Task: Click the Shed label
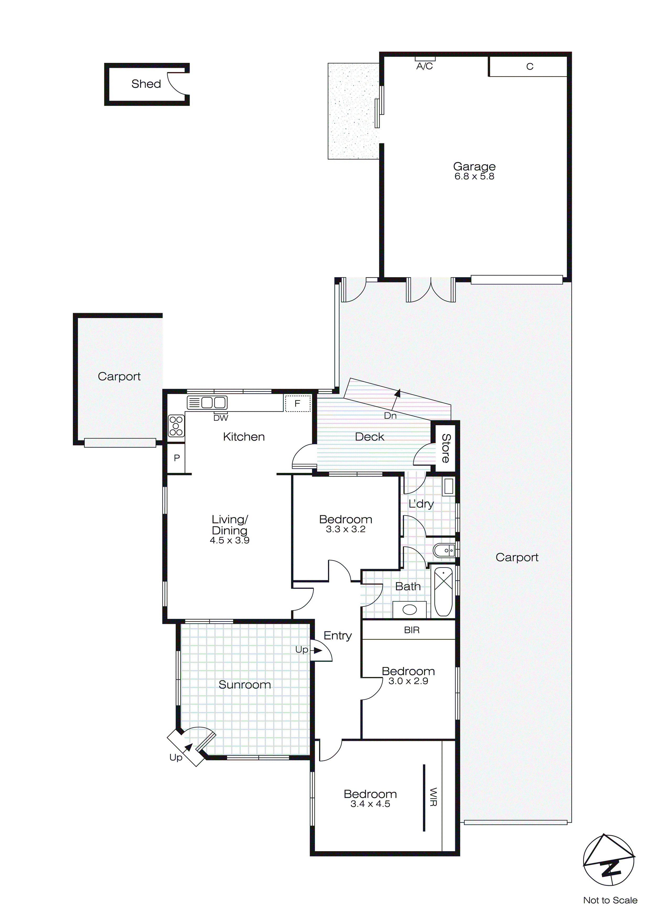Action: (x=146, y=84)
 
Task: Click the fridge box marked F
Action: (x=297, y=403)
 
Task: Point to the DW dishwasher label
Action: (x=221, y=418)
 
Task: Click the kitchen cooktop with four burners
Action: (x=176, y=426)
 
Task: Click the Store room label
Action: (x=445, y=448)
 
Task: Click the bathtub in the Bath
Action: (x=443, y=592)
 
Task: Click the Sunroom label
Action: (x=245, y=685)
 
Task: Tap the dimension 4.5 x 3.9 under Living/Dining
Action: (x=229, y=540)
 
